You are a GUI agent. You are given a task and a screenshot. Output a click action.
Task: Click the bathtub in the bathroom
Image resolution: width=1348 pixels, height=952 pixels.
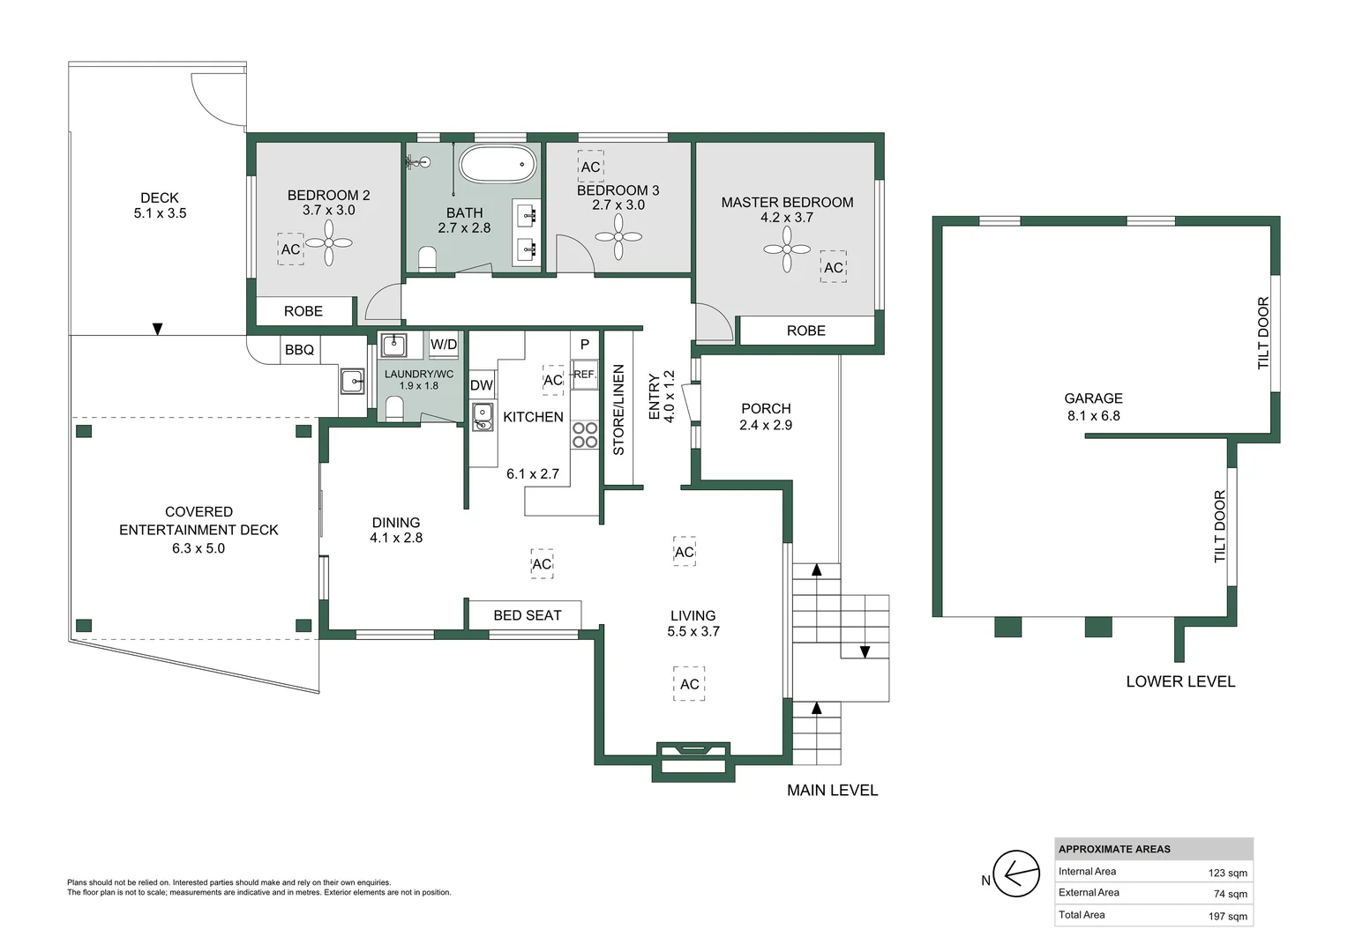point(498,164)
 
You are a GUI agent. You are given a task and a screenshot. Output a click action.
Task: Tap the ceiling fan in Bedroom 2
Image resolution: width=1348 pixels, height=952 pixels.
point(329,242)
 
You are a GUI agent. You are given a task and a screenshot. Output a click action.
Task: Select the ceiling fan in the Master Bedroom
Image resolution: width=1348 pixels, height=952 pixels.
point(787,249)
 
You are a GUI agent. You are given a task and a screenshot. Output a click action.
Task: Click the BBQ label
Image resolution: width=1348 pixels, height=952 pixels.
point(299,350)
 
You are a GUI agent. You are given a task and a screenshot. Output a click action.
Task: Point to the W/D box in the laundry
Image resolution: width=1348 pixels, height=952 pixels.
point(444,345)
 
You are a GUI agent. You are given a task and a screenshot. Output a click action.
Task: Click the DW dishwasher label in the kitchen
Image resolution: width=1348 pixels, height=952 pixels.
point(482,385)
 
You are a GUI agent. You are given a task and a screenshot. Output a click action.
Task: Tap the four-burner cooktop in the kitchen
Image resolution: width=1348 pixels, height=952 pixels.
point(584,435)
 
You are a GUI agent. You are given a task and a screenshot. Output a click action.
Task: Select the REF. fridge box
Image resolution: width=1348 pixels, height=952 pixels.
point(584,374)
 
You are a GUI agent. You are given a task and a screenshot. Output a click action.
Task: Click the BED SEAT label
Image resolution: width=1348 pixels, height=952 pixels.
point(527,615)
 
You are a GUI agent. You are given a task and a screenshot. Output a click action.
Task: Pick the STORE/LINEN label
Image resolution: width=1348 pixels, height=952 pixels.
point(618,409)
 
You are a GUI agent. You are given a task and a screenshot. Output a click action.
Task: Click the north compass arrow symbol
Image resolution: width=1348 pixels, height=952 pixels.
point(1015,874)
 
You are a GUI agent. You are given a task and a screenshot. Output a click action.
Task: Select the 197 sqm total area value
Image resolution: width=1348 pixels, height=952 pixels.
point(1227,917)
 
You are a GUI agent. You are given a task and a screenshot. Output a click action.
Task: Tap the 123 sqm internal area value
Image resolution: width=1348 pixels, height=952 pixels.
point(1227,874)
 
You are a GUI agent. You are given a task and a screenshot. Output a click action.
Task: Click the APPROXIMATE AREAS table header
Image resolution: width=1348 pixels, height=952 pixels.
point(1114,849)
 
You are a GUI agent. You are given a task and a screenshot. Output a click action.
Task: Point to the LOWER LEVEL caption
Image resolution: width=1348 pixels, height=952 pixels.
point(1179,681)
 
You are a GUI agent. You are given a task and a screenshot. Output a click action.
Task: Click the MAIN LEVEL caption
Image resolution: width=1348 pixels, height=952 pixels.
point(832,791)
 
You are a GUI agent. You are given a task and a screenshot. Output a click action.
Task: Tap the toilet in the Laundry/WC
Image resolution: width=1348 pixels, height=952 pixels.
point(394,408)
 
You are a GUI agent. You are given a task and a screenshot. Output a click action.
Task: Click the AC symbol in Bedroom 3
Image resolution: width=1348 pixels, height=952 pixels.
point(590,167)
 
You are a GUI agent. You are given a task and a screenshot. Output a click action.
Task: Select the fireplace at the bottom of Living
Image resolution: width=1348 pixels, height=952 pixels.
point(693,760)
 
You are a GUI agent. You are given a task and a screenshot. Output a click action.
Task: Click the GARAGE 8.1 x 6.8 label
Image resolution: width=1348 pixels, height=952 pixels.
point(1093,407)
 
